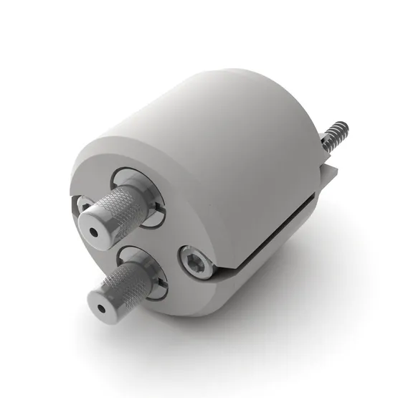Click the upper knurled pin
pos(122,211)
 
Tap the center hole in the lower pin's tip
pos(101,307)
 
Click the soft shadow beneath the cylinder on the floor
pos(287,301)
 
